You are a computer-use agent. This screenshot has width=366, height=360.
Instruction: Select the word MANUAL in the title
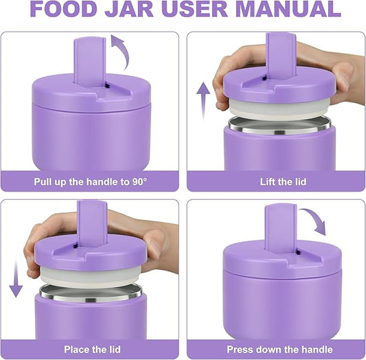[291, 9]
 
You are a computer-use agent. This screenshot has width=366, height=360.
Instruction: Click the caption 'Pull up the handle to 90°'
[91, 182]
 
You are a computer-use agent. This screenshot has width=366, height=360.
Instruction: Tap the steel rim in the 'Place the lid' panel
[91, 292]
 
